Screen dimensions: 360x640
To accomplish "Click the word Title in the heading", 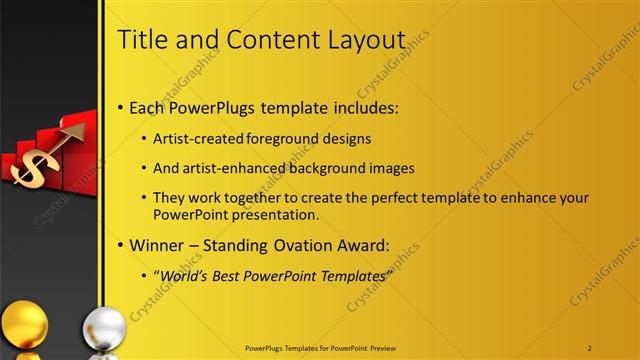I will tap(142, 39).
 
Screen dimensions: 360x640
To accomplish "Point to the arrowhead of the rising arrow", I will tap(79, 129).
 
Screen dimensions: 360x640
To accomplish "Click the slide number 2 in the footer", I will tap(590, 347).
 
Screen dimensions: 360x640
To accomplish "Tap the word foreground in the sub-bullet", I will tap(270, 138).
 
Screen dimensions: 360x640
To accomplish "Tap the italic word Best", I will tap(230, 275).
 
